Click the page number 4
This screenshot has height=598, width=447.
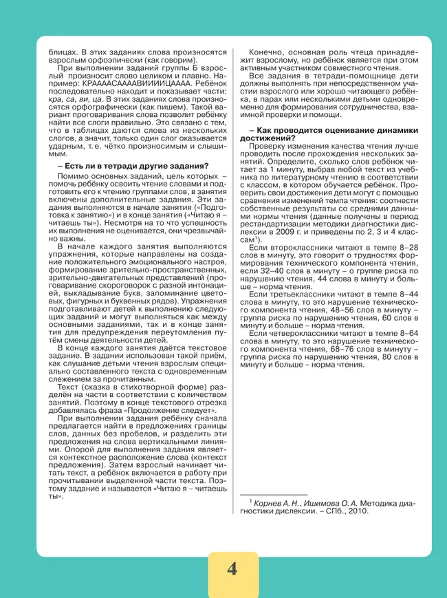(x=232, y=569)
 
